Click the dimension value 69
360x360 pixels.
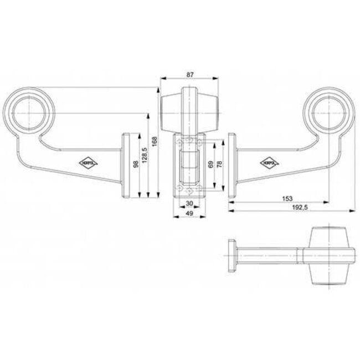point(210,165)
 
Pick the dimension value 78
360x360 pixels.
point(220,165)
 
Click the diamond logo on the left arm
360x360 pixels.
point(88,162)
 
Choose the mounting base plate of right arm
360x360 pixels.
point(233,164)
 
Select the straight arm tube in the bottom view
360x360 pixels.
point(269,255)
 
